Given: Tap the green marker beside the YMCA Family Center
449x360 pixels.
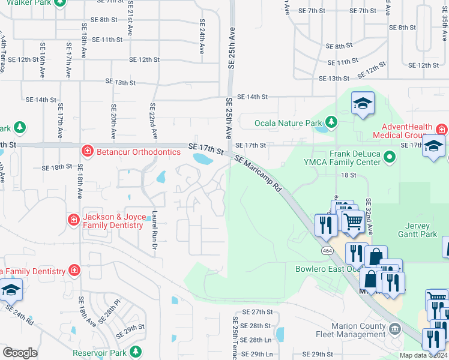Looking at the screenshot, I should (390, 158).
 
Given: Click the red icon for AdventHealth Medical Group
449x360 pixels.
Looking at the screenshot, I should (441, 129).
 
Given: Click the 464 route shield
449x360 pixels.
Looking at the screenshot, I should (327, 250).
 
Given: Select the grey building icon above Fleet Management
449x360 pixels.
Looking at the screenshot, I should (394, 328).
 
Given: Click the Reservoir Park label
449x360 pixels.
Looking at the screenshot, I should (100, 353).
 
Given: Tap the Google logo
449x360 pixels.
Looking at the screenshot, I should (20, 353).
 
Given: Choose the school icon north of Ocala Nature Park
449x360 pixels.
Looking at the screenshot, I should (363, 104).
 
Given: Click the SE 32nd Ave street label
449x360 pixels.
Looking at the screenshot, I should (369, 217).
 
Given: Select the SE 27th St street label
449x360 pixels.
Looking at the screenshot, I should (257, 312).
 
